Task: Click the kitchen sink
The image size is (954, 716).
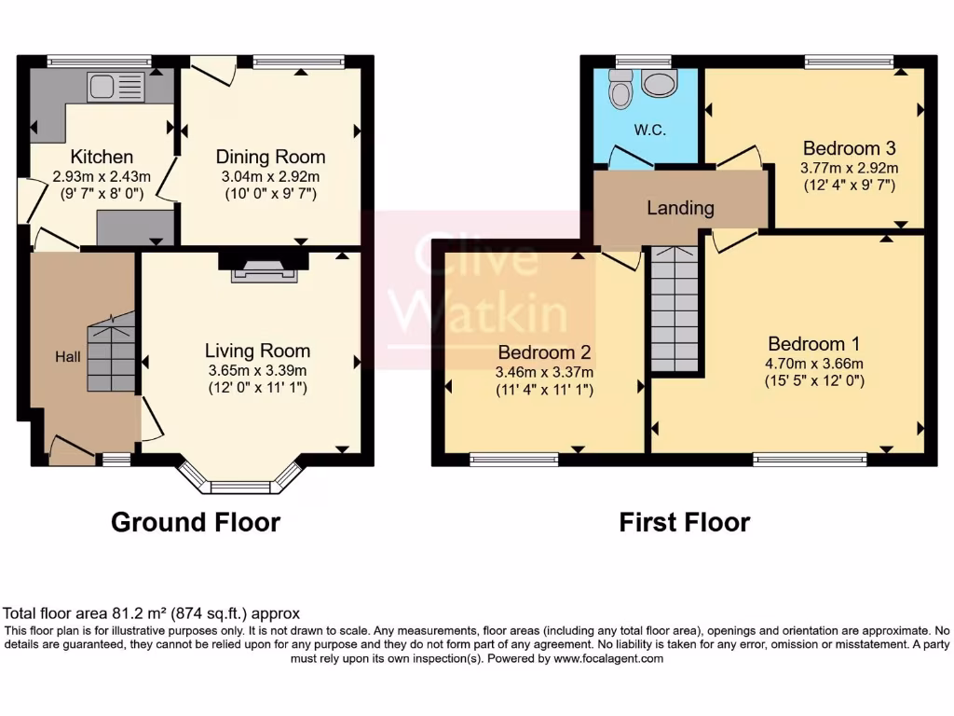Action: pyautogui.click(x=116, y=88)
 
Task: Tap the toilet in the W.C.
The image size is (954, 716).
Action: pyautogui.click(x=620, y=89)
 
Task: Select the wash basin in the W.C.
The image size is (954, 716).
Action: pyautogui.click(x=661, y=84)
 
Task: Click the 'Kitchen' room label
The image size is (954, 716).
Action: pyautogui.click(x=102, y=157)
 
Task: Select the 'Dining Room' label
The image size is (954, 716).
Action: pyautogui.click(x=270, y=157)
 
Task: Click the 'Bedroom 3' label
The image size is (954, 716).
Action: pyautogui.click(x=849, y=148)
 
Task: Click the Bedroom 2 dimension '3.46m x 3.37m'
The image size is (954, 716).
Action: pyautogui.click(x=545, y=372)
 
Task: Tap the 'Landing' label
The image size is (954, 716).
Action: pyautogui.click(x=680, y=208)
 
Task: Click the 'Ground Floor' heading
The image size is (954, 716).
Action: pyautogui.click(x=196, y=522)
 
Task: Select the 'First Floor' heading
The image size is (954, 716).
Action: pyautogui.click(x=684, y=522)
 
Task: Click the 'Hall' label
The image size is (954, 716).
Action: pyautogui.click(x=68, y=356)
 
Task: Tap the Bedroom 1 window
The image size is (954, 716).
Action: pyautogui.click(x=809, y=459)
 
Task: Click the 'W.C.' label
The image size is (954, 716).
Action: pyautogui.click(x=649, y=131)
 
